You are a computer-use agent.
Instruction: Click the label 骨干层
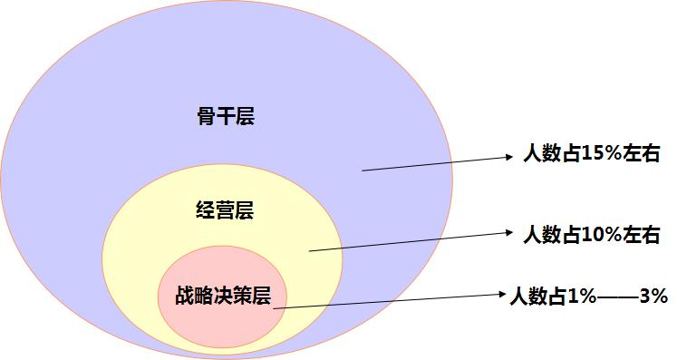click(226, 117)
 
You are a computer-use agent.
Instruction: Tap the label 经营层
click(224, 211)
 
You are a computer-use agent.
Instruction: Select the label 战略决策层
click(223, 295)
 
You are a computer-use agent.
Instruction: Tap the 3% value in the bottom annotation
click(653, 295)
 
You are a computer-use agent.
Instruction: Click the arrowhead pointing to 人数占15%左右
click(510, 157)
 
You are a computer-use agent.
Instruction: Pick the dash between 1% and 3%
click(615, 295)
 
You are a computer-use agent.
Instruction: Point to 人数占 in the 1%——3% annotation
click(536, 295)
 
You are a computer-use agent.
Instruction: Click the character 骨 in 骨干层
click(206, 117)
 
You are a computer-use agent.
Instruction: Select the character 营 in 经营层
click(224, 211)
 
